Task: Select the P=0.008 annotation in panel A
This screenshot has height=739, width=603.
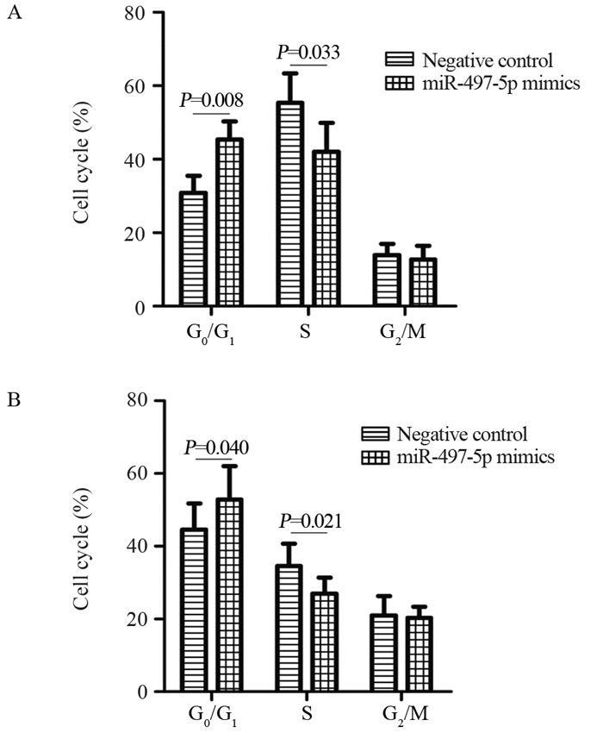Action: tap(210, 101)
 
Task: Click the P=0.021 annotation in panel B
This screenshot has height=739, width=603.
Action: tap(308, 521)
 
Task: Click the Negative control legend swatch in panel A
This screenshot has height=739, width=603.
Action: tap(399, 60)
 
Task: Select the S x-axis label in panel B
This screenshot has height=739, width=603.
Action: tap(307, 716)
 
